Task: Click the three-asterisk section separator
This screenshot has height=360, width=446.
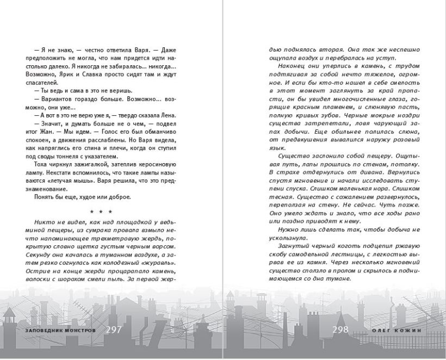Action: tap(101, 212)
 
